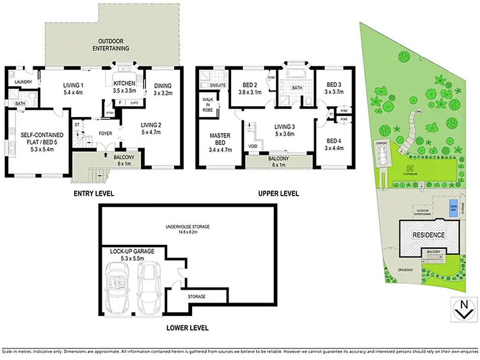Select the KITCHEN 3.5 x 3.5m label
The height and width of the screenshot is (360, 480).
123,88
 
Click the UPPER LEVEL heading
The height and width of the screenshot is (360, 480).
279,193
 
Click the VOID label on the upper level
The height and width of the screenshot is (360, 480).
253,146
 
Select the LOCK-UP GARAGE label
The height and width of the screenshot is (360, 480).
132,256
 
